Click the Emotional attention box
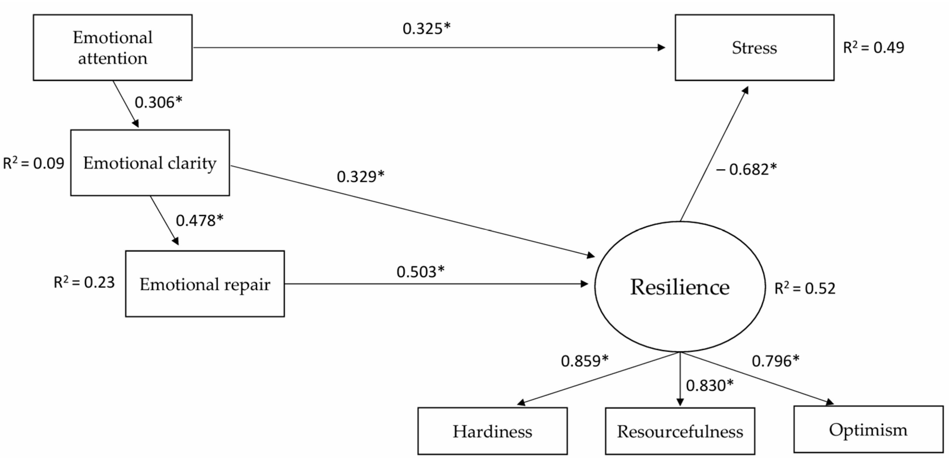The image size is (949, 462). [112, 48]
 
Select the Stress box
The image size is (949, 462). [754, 48]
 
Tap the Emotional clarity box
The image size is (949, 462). [150, 163]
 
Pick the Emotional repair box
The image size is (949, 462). [205, 284]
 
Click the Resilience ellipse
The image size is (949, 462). [680, 287]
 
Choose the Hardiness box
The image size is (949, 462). [492, 431]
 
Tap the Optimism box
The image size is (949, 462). [868, 429]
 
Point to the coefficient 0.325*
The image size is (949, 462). [426, 29]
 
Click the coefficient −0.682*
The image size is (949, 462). [746, 169]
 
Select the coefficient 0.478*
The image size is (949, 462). [199, 221]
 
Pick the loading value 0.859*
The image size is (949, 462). [585, 361]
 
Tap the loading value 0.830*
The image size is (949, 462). [709, 386]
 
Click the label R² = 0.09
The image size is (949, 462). [33, 163]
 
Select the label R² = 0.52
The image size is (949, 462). [805, 288]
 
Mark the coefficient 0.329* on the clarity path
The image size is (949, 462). [360, 177]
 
